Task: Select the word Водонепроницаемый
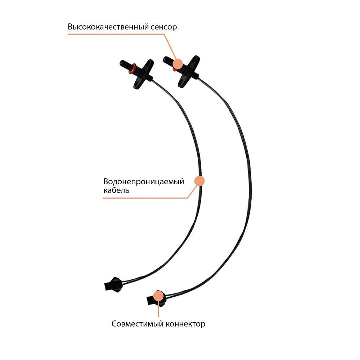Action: tap(144, 181)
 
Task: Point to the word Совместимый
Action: tap(138, 324)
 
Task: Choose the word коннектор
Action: tap(185, 324)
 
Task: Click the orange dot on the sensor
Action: tap(177, 64)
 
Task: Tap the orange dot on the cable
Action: tap(199, 181)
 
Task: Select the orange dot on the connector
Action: tap(157, 296)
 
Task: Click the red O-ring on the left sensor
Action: tap(134, 67)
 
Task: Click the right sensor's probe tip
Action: tap(166, 59)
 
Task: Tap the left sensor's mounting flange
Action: tap(143, 74)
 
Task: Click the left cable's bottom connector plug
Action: tap(112, 284)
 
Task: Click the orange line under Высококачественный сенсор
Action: tap(115, 35)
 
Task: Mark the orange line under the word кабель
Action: tap(144, 198)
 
